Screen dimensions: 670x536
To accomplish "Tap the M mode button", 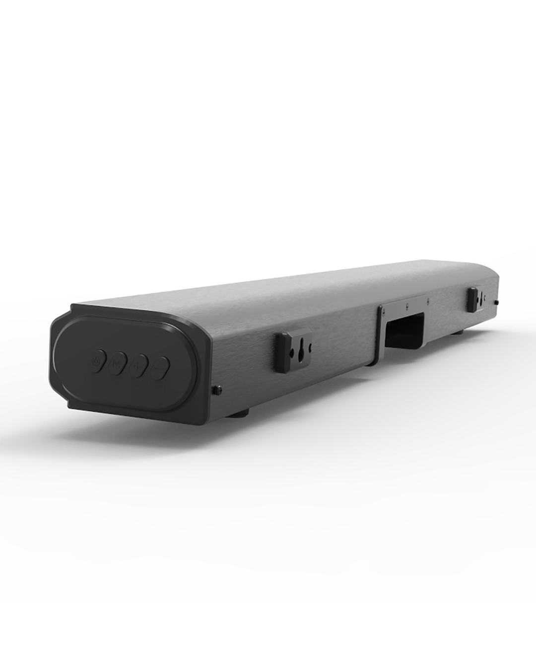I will pyautogui.click(x=117, y=365).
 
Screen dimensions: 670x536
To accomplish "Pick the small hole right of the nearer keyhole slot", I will pyautogui.click(x=310, y=346).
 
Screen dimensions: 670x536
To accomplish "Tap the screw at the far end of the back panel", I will pyautogui.click(x=497, y=302).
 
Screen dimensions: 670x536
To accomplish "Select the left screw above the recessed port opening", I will pyautogui.click(x=383, y=311).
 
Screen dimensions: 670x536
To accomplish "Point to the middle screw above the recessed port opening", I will pyautogui.click(x=406, y=304).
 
